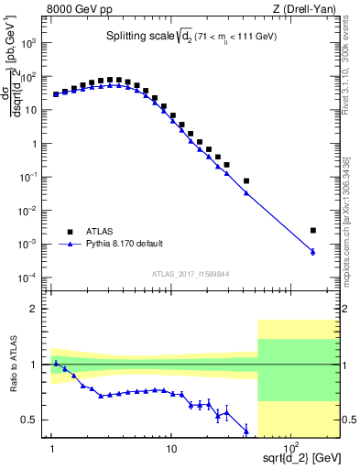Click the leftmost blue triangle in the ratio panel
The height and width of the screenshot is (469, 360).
56,364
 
